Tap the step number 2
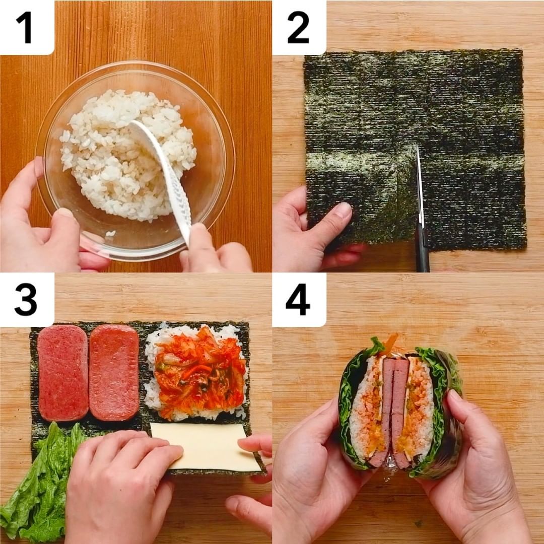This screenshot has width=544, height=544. point(298,27)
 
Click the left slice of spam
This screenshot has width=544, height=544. point(63,372)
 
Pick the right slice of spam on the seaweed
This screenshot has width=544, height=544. point(114,372)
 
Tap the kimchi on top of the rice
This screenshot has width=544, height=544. point(199,373)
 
